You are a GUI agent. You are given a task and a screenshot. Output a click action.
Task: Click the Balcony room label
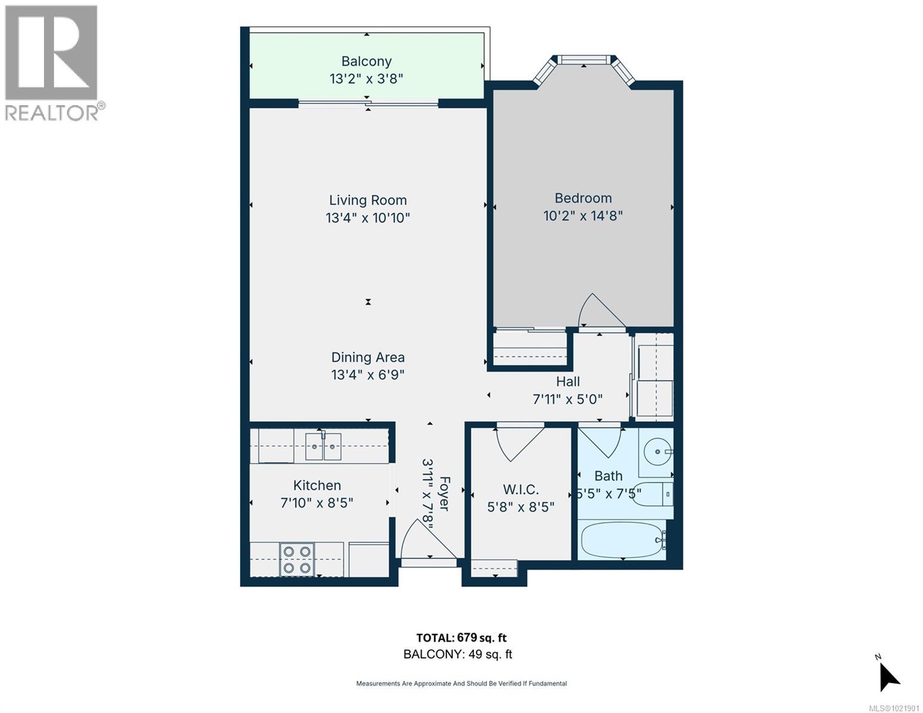pos(366,61)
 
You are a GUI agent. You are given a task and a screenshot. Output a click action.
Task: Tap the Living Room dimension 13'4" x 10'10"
pos(367,218)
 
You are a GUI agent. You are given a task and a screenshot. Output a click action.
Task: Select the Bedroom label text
pos(583,198)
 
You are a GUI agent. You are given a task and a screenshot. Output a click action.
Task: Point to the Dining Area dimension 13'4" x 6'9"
pos(367,375)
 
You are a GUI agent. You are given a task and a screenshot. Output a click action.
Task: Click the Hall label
pos(568,381)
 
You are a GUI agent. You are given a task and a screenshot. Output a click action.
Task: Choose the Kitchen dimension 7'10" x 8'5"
pos(317,503)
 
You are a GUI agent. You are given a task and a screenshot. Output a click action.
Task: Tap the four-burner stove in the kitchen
pos(297,559)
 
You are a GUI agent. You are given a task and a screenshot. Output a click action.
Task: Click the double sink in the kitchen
pos(323,446)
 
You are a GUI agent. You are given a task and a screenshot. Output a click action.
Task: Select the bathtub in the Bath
pos(622,539)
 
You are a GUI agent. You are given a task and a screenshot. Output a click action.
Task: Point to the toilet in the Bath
pos(652,494)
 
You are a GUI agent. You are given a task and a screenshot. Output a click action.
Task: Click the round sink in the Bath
pos(658,452)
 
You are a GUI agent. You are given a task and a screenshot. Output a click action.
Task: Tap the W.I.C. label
pos(521,489)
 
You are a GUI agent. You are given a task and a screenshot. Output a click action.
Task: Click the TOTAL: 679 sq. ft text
pos(461,638)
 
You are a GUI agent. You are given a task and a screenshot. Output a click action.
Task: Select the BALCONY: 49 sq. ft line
pos(458,654)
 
